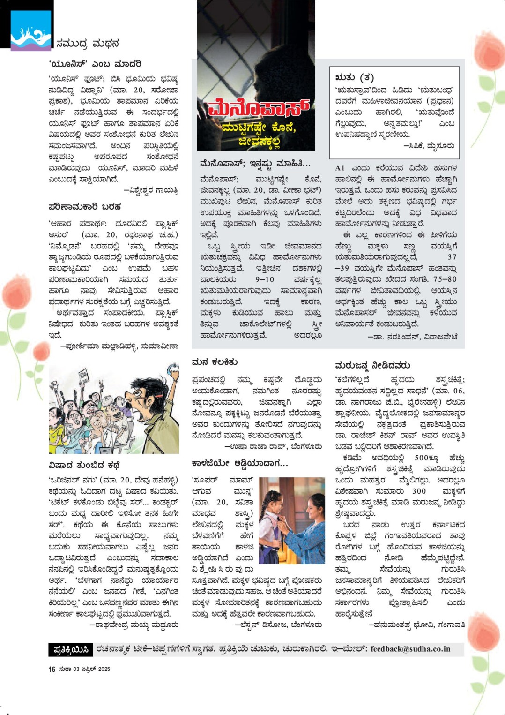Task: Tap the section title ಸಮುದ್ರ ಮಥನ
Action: (x=88, y=44)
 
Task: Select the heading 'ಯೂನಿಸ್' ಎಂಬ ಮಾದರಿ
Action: (x=95, y=64)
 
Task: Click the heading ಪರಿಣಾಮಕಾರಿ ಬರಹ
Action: (x=85, y=206)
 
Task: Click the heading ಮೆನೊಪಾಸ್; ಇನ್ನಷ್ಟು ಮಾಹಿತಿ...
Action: (x=255, y=164)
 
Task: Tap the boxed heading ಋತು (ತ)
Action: (x=355, y=77)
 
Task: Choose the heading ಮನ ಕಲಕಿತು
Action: (x=215, y=362)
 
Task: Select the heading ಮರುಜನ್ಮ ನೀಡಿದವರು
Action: (x=372, y=365)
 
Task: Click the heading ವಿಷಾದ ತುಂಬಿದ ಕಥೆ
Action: (x=84, y=465)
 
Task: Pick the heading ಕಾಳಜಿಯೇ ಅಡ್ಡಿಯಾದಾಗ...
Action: (x=240, y=463)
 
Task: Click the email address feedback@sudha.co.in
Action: (x=410, y=649)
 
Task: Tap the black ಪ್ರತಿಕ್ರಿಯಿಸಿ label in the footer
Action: (x=71, y=649)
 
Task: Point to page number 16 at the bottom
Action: (x=52, y=669)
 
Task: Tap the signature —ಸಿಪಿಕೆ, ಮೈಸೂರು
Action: (x=429, y=146)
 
